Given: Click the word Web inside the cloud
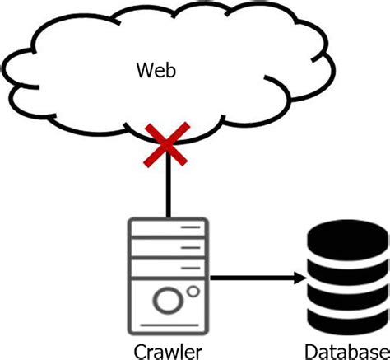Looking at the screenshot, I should point(156,72).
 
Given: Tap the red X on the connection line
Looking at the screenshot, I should point(168,147).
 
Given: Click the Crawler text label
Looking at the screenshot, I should point(168,350).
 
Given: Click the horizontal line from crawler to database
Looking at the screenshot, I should point(255,280).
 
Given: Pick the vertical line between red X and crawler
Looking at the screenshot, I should point(168,189).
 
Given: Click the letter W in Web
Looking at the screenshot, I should point(143,72).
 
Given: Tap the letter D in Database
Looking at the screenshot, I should point(309,350).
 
